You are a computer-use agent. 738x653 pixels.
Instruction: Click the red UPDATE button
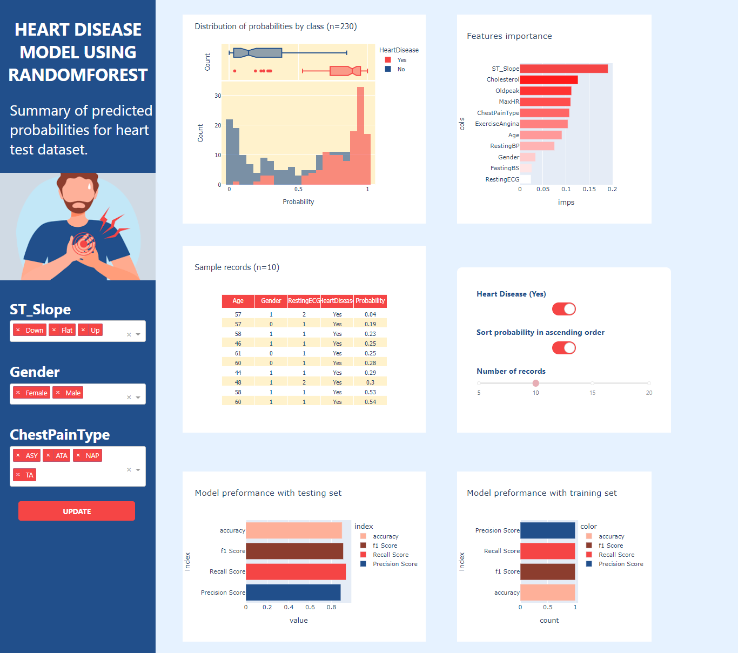click(77, 511)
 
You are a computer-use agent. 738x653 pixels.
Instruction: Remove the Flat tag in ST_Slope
click(54, 330)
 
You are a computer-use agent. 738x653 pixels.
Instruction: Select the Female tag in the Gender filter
click(36, 393)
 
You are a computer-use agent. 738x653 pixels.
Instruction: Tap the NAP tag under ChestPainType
click(92, 455)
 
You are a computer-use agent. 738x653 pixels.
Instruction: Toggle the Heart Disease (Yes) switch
click(563, 309)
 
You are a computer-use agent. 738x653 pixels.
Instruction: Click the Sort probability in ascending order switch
click(563, 348)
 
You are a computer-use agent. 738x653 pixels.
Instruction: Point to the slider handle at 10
click(535, 383)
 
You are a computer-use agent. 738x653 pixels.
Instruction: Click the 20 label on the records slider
click(649, 393)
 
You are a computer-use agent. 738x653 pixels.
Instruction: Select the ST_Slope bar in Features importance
click(563, 69)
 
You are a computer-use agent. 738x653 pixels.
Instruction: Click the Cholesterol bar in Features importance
click(548, 80)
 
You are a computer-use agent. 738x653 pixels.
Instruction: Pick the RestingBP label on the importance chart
click(504, 146)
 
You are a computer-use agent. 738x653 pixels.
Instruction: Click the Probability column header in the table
click(370, 301)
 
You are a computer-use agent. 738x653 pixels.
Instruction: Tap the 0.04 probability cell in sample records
click(370, 314)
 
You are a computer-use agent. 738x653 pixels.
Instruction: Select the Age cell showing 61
click(238, 353)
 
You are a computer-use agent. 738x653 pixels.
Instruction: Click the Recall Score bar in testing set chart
click(296, 571)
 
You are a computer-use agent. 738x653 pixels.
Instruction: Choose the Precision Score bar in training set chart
click(547, 530)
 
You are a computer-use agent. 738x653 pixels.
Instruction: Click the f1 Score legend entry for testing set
click(384, 546)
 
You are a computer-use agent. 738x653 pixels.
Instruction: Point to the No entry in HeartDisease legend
click(400, 69)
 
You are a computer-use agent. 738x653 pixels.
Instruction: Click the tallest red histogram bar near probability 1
click(360, 135)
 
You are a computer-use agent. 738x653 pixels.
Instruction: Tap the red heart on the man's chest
click(83, 244)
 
